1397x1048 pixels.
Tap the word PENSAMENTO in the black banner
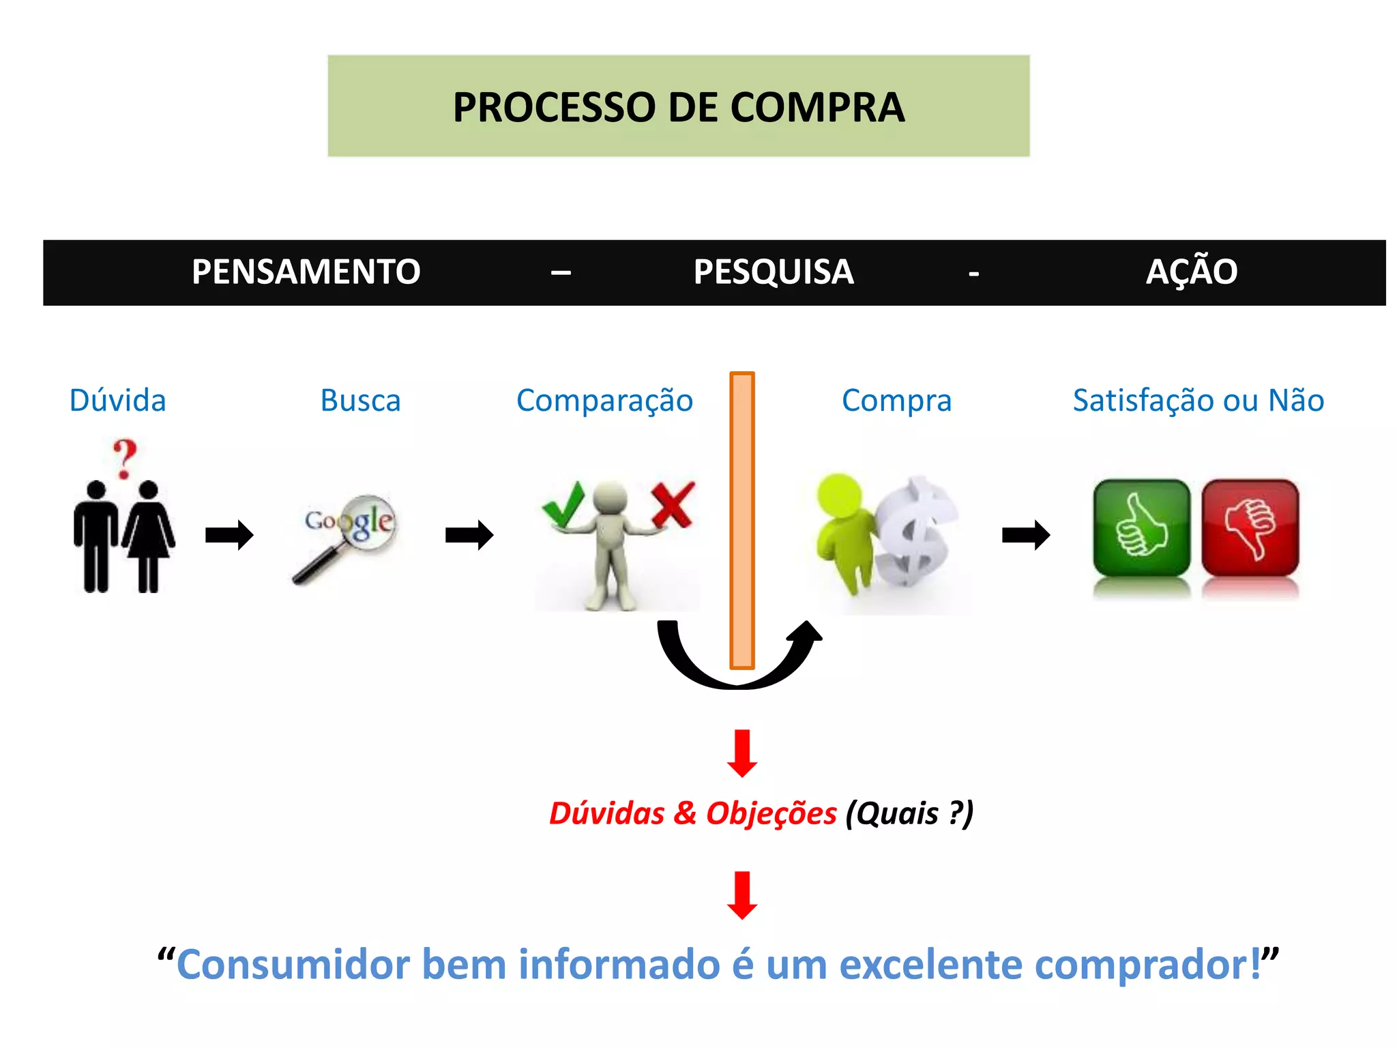[x=306, y=272]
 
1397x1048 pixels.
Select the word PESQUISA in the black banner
[x=774, y=272]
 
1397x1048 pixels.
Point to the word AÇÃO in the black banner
[x=1191, y=272]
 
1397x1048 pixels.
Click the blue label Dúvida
[x=118, y=401]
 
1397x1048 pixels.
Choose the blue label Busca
[x=360, y=401]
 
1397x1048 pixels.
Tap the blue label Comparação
[x=604, y=401]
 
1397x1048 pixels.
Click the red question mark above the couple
[x=125, y=458]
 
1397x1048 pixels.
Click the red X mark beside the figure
[x=673, y=504]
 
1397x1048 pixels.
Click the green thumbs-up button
[x=1141, y=528]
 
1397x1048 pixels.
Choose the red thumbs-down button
[x=1250, y=528]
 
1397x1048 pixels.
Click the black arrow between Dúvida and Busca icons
[x=229, y=535]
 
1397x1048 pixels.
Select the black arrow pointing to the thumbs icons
[x=1025, y=535]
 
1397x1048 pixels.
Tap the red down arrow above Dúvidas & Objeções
[x=742, y=753]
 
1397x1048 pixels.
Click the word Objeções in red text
[x=771, y=813]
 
